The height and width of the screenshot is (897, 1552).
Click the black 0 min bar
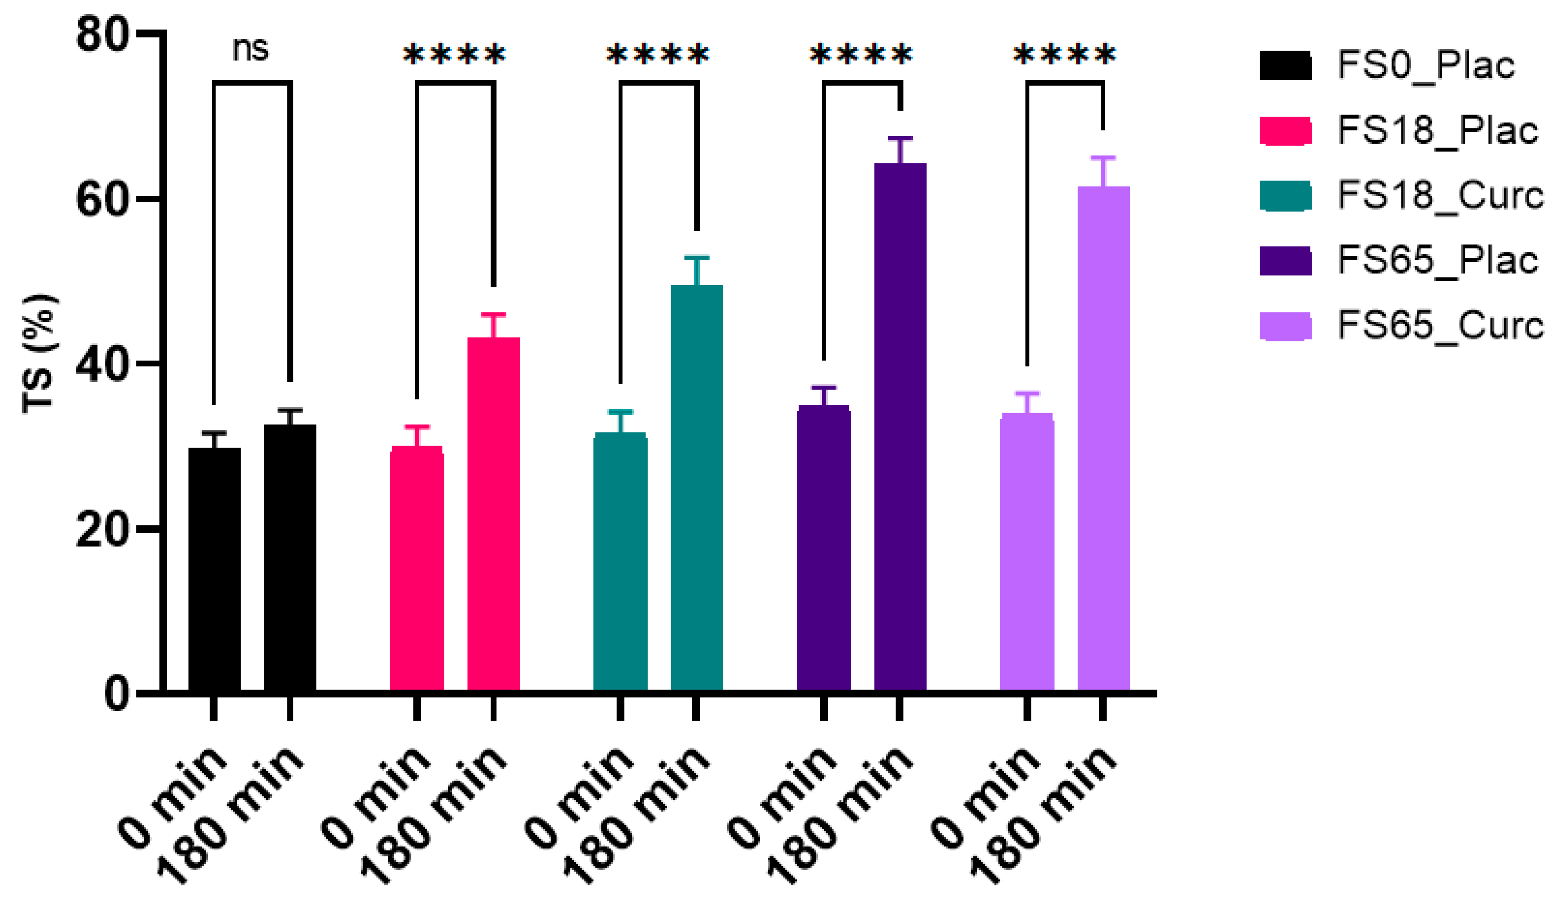pos(214,570)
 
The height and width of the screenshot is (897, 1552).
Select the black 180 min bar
pos(290,557)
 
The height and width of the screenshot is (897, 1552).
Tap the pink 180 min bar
pos(493,515)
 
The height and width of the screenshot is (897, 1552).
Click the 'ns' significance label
pos(251,49)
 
